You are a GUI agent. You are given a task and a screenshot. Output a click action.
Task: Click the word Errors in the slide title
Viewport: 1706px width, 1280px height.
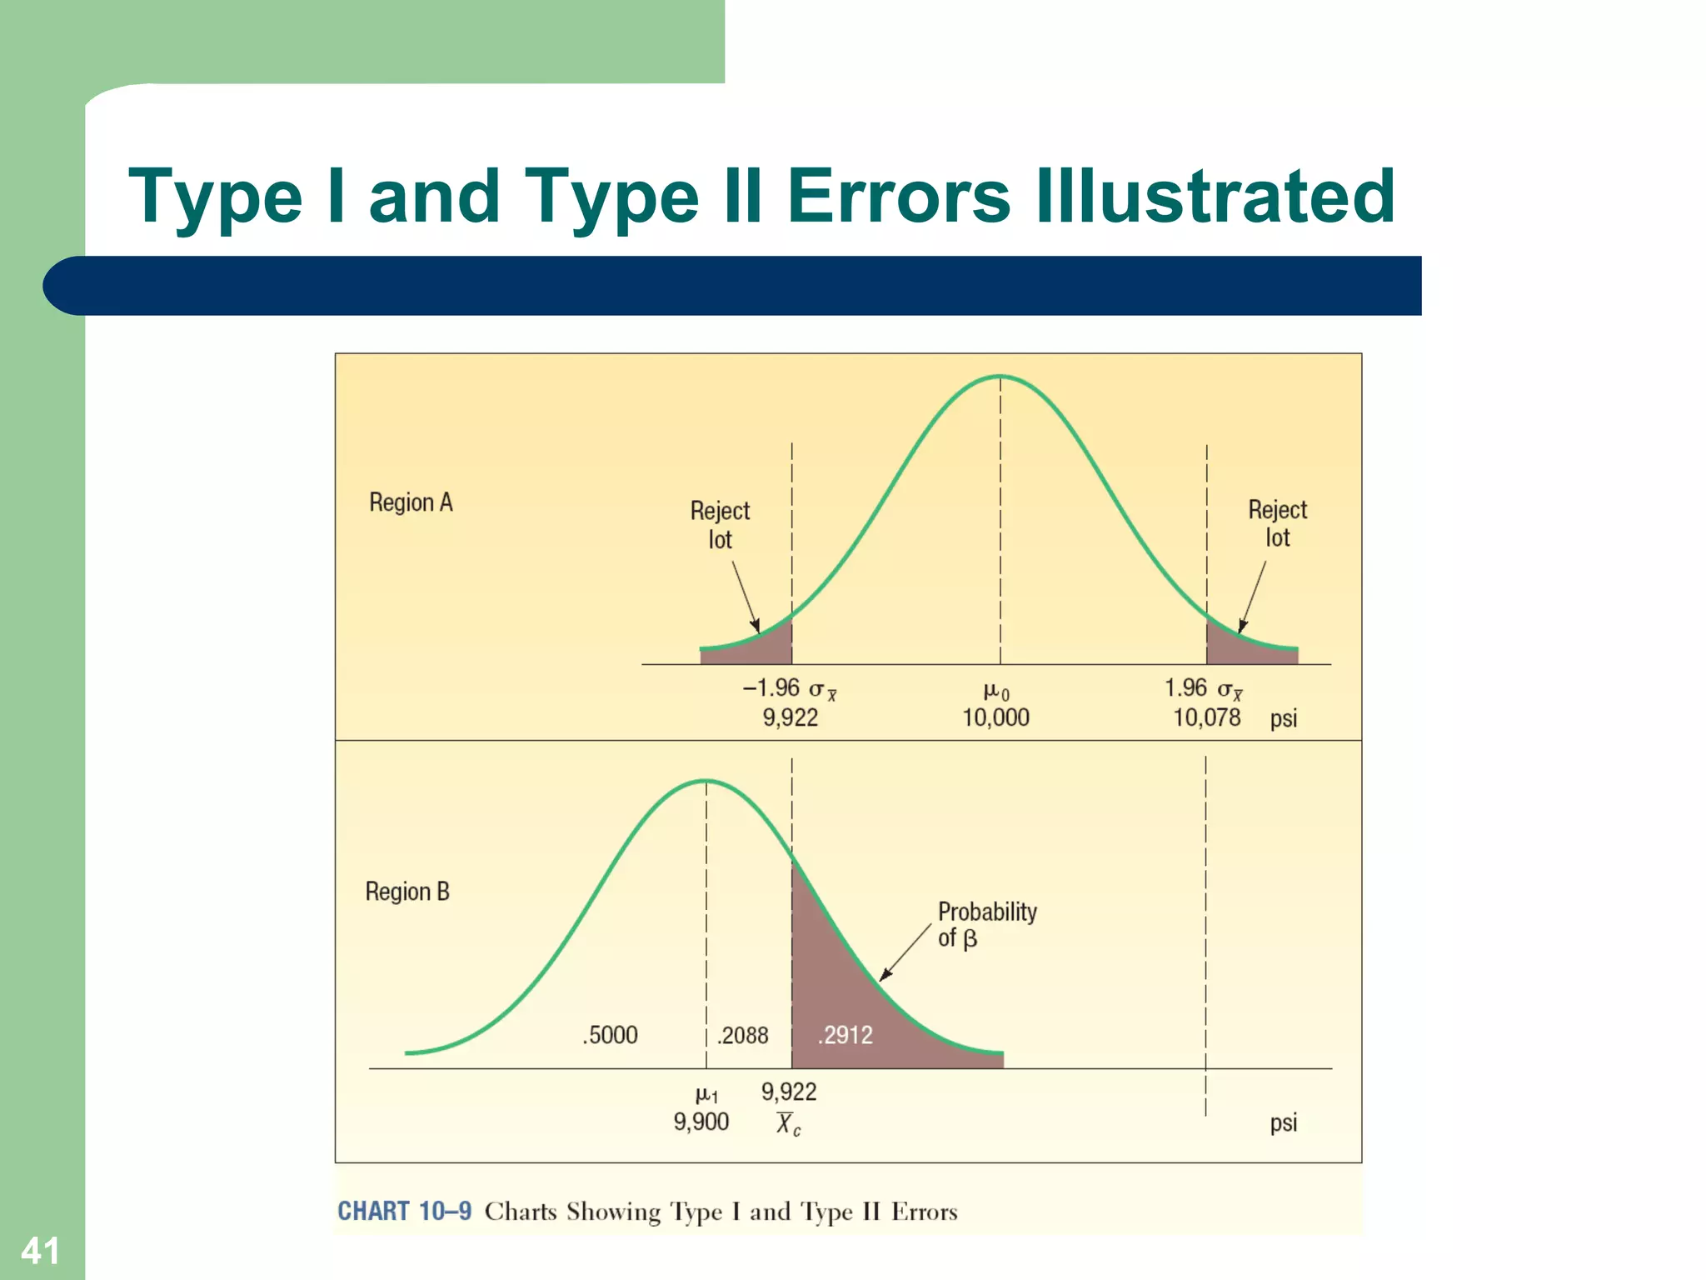pos(899,197)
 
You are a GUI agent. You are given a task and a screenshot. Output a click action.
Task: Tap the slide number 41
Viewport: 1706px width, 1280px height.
pos(40,1251)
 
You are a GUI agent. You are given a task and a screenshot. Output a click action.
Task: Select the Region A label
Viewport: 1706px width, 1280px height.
pos(411,502)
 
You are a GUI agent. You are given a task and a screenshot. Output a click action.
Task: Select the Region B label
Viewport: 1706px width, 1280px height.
pos(407,892)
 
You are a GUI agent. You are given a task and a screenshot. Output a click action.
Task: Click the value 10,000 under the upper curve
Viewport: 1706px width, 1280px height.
pos(995,717)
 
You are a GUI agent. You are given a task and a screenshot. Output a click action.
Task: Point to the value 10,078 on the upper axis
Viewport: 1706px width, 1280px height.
pos(1206,717)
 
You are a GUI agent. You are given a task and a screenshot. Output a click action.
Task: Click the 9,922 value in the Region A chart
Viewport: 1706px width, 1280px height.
pos(791,717)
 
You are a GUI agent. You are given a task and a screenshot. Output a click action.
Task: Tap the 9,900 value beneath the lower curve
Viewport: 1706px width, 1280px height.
pos(701,1122)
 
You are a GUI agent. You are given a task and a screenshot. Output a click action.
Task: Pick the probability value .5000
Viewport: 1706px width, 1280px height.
pos(610,1035)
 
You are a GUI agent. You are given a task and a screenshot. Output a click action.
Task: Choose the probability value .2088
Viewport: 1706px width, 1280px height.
pos(743,1035)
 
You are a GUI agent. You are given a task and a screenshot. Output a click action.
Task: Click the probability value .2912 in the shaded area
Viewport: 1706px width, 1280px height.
pos(846,1035)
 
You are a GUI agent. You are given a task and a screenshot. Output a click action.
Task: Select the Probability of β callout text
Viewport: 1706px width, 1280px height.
pos(986,924)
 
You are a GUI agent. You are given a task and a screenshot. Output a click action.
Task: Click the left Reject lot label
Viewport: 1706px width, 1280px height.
pos(720,525)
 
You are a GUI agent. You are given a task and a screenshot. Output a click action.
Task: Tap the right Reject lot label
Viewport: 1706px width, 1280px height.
pos(1277,523)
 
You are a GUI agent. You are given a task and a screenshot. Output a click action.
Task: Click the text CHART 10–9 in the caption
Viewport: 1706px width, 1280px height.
pos(404,1211)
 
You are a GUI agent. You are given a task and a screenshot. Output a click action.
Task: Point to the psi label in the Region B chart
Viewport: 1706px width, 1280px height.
pos(1283,1122)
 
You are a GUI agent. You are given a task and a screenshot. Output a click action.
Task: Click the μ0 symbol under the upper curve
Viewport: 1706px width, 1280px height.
pos(996,691)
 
